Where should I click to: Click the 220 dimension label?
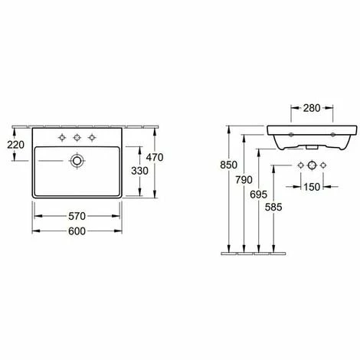tap(15, 145)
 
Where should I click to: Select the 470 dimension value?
tap(155, 157)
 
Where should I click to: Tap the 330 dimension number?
tap(139, 171)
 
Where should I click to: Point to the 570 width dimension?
tap(77, 216)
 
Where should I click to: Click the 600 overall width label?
tap(77, 231)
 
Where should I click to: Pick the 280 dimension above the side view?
tap(312, 108)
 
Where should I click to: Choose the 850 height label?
tap(229, 165)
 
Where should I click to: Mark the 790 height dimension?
tap(244, 180)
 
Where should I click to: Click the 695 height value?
tap(259, 195)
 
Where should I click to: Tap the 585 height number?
tap(273, 207)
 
